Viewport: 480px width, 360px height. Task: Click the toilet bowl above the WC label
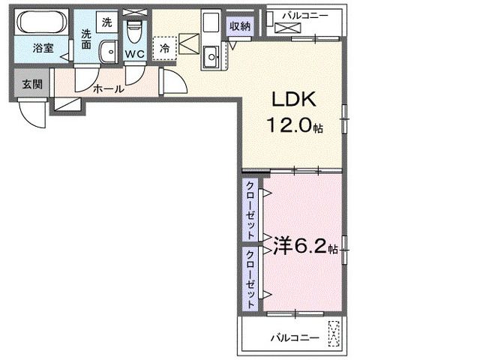tap(135, 31)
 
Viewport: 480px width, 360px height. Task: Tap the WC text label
tap(135, 54)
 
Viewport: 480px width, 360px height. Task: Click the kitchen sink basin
tap(211, 55)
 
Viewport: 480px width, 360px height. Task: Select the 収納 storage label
tap(240, 26)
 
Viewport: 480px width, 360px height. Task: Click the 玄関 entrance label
tap(31, 84)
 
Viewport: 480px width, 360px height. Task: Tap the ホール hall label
tap(109, 88)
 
